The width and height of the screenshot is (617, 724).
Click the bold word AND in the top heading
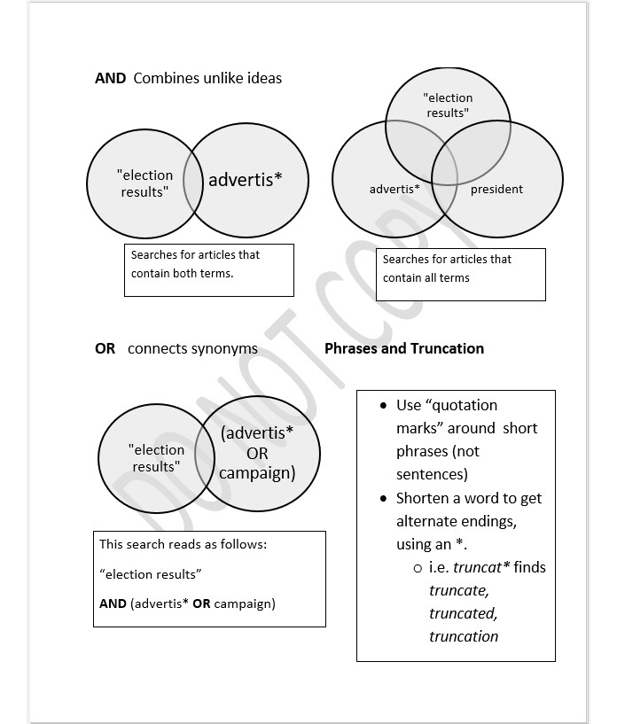pyautogui.click(x=110, y=78)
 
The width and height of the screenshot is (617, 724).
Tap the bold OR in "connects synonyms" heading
pyautogui.click(x=105, y=348)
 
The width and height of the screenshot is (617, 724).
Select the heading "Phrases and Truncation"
pyautogui.click(x=404, y=348)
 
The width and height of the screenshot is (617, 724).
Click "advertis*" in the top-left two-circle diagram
pyautogui.click(x=246, y=180)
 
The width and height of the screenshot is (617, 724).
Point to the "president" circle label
pyautogui.click(x=496, y=189)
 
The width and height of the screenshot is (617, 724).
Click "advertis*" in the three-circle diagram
pyautogui.click(x=394, y=189)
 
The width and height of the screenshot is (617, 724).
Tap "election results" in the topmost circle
pyautogui.click(x=448, y=105)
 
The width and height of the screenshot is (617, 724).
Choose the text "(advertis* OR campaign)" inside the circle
pyautogui.click(x=257, y=453)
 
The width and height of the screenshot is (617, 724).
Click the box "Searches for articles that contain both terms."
pyautogui.click(x=208, y=269)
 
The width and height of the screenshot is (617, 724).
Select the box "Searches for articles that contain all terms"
pyautogui.click(x=460, y=274)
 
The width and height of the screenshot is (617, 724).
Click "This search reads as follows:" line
pyautogui.click(x=183, y=544)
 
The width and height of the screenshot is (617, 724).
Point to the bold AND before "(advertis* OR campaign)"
pyautogui.click(x=113, y=603)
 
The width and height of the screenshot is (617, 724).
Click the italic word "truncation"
pyautogui.click(x=464, y=636)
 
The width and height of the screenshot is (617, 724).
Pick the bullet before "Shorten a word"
pyautogui.click(x=383, y=498)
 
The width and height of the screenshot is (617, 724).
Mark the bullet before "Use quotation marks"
pyautogui.click(x=383, y=405)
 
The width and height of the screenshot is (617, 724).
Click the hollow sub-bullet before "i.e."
pyautogui.click(x=417, y=567)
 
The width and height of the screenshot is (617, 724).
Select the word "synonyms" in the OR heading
pyautogui.click(x=223, y=348)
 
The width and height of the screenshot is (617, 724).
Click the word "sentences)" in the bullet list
pyautogui.click(x=432, y=474)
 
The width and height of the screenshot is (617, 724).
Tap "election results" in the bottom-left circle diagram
pyautogui.click(x=156, y=458)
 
